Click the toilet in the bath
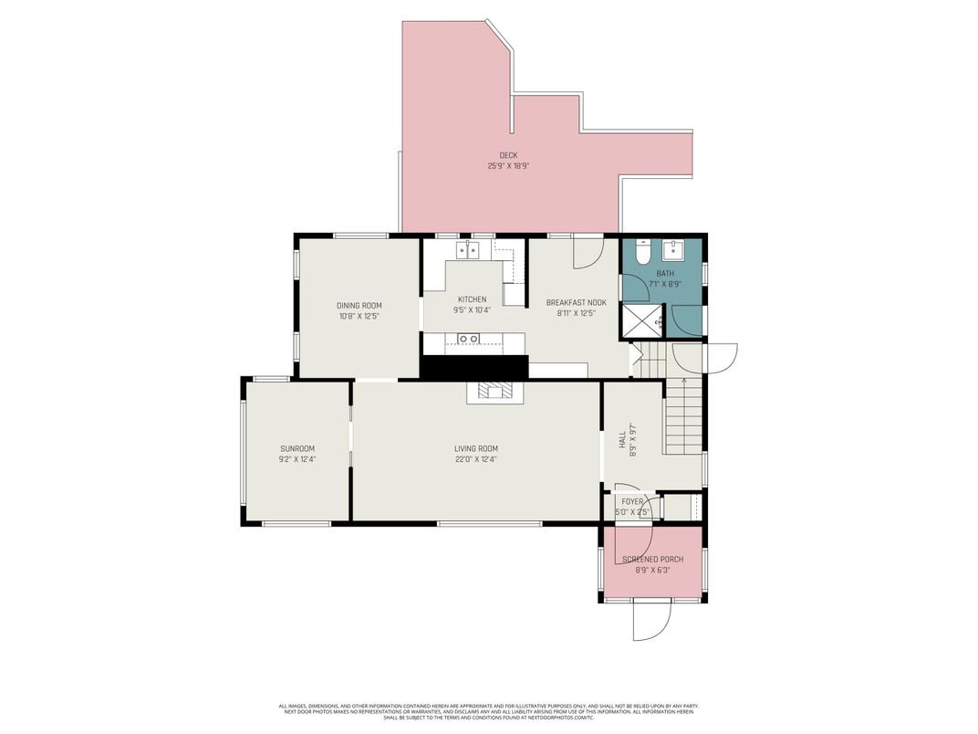[x=642, y=252]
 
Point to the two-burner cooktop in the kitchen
[x=468, y=339]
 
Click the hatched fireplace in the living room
[x=494, y=392]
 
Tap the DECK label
[x=508, y=155]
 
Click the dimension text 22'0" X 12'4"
[x=476, y=459]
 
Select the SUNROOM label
[x=297, y=448]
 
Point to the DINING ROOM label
[x=359, y=305]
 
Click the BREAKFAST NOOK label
[x=576, y=302]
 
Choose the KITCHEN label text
[x=472, y=299]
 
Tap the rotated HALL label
[x=623, y=439]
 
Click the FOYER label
[x=632, y=501]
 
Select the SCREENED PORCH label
[x=652, y=559]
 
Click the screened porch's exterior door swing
[x=653, y=621]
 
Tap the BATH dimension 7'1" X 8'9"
[x=665, y=284]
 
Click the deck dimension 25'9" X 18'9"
[x=508, y=166]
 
